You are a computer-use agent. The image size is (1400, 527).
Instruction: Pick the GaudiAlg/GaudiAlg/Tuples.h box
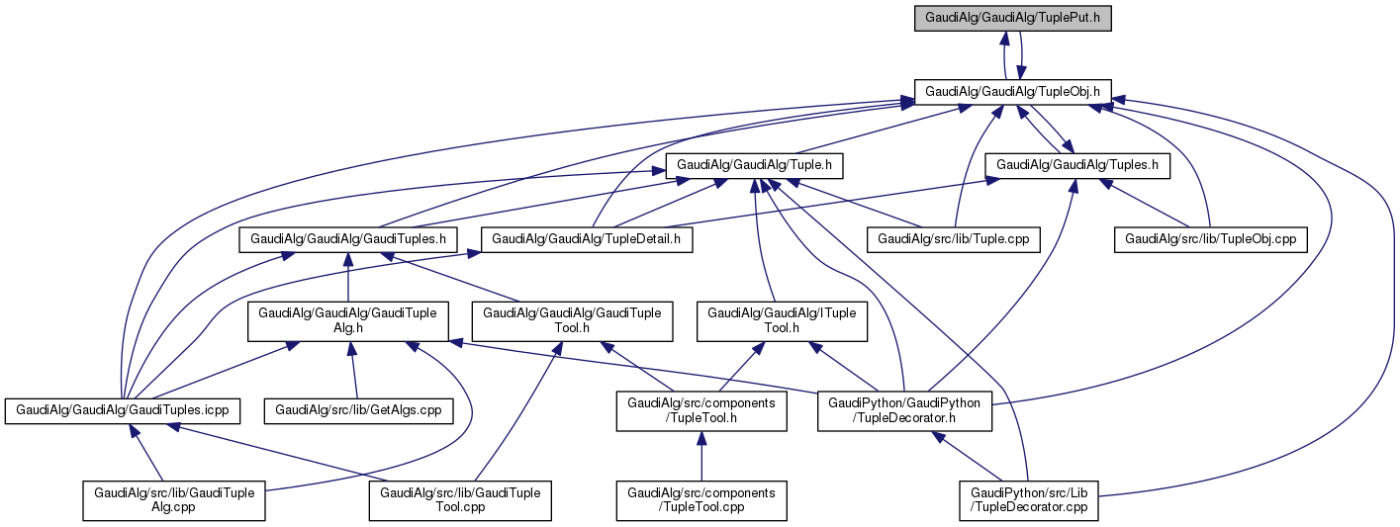coord(1077,165)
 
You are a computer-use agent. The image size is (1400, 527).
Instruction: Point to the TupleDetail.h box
coord(587,238)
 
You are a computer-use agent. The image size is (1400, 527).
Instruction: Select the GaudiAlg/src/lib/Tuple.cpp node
coord(954,238)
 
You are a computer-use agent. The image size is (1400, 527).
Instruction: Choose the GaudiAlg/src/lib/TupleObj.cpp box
coord(1211,238)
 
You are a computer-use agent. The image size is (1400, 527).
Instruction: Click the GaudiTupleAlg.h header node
coord(347,321)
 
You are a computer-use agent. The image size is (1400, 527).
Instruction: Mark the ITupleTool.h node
coord(783,321)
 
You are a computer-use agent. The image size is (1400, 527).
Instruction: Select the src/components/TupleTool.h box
coord(701,411)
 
